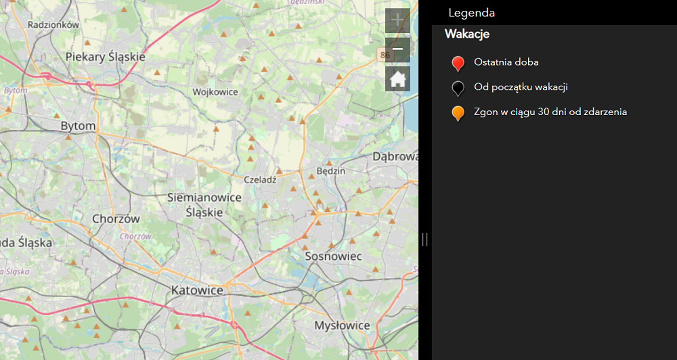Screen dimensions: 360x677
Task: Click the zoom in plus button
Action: [x=397, y=21]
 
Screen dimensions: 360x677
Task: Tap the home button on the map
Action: [x=397, y=79]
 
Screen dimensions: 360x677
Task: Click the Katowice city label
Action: [x=198, y=290]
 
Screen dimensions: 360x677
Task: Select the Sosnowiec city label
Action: [x=334, y=256]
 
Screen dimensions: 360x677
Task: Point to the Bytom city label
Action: [x=78, y=126]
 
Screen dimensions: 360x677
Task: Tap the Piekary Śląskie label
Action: [x=106, y=57]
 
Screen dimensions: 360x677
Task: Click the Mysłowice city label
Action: [x=342, y=325]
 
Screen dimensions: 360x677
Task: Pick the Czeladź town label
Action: [x=261, y=180]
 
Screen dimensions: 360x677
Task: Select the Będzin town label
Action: [x=331, y=171]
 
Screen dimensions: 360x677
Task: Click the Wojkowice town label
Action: [x=215, y=92]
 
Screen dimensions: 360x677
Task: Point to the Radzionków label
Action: [x=54, y=24]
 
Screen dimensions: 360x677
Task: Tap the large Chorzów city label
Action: [x=116, y=219]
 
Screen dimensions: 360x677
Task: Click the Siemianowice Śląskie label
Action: [x=204, y=204]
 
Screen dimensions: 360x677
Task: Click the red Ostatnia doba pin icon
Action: [x=458, y=64]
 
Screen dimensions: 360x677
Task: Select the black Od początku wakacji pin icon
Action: [x=458, y=88]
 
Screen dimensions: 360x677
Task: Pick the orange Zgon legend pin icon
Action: [x=458, y=113]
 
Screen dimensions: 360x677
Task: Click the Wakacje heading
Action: [x=467, y=34]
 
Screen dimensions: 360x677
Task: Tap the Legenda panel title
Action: [x=471, y=13]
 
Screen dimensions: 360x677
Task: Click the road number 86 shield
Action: [x=385, y=54]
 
